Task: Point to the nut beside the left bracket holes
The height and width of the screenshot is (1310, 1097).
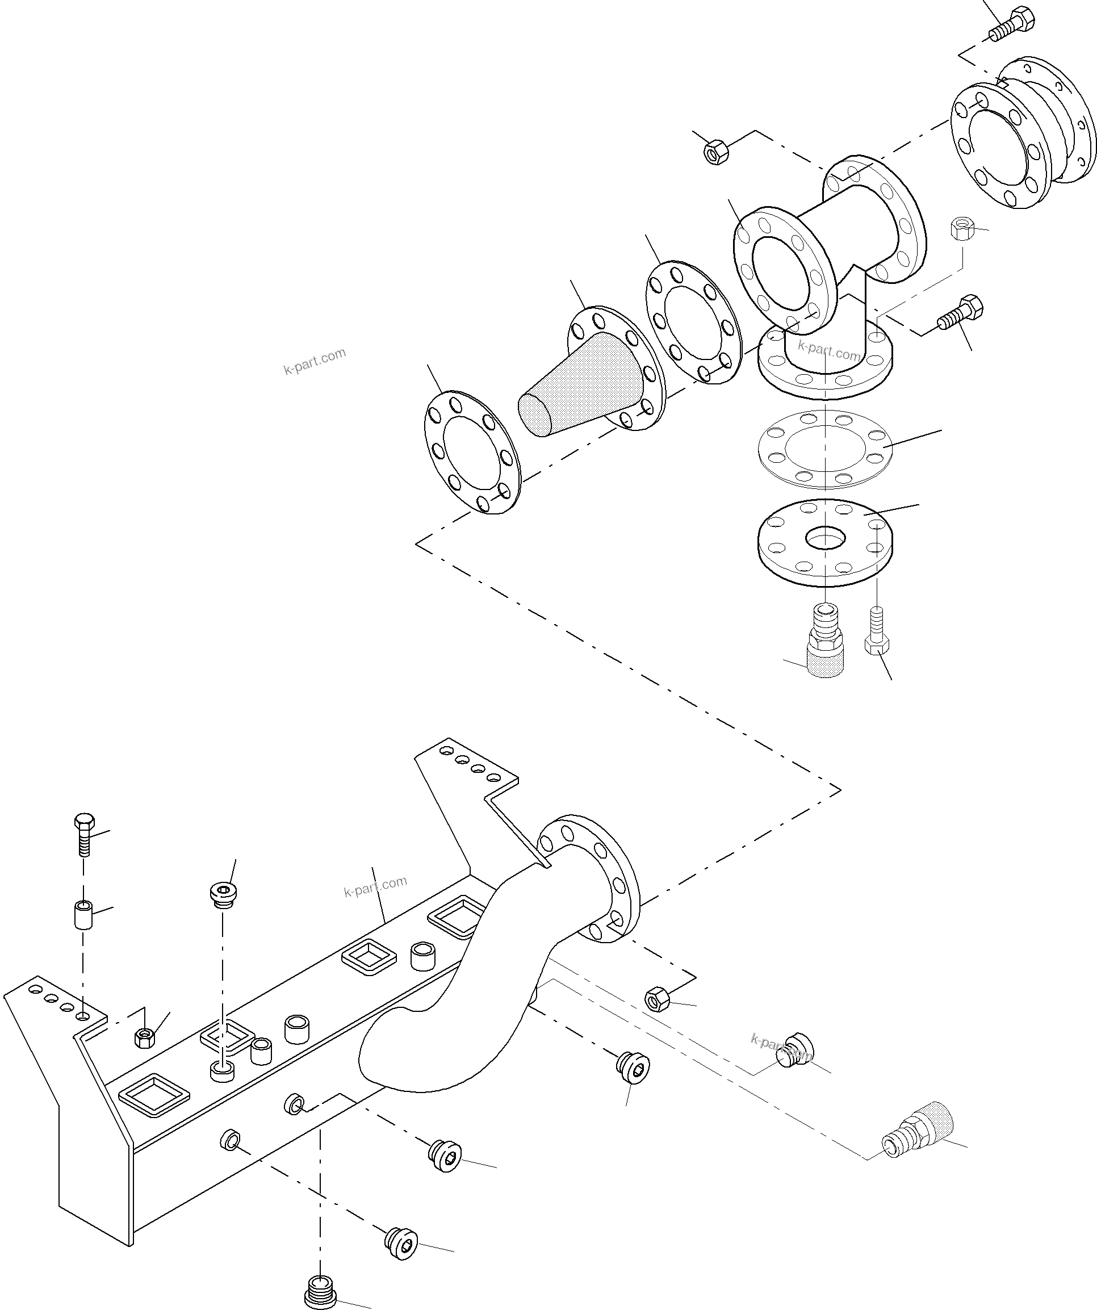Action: coord(145,1037)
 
